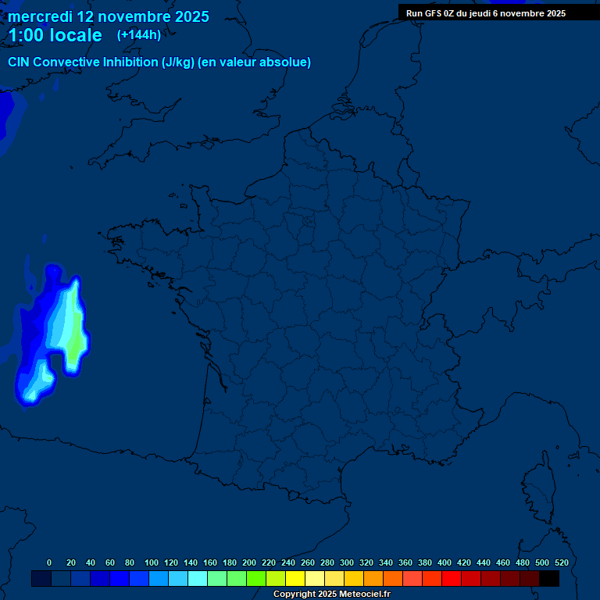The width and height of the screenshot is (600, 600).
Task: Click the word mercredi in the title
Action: pyautogui.click(x=39, y=16)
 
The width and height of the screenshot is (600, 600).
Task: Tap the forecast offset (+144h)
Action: pyautogui.click(x=138, y=34)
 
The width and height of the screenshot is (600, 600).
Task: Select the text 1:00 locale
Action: pyautogui.click(x=55, y=35)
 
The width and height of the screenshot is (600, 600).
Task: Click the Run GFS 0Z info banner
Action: pyautogui.click(x=486, y=13)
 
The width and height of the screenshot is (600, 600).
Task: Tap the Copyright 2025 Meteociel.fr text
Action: pyautogui.click(x=331, y=595)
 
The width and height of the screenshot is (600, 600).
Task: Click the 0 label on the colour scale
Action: pyautogui.click(x=49, y=562)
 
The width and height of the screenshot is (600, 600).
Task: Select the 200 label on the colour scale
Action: pyautogui.click(x=249, y=562)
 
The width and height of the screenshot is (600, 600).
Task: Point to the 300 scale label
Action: pyautogui.click(x=347, y=562)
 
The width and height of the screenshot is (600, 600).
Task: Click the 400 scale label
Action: pyautogui.click(x=445, y=562)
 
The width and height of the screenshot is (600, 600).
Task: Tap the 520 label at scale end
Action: pyautogui.click(x=561, y=562)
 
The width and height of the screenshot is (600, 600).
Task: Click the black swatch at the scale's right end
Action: pyautogui.click(x=549, y=579)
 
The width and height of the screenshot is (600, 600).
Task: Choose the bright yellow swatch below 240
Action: pyautogui.click(x=295, y=579)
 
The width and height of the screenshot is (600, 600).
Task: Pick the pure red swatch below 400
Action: pyautogui.click(x=452, y=579)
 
